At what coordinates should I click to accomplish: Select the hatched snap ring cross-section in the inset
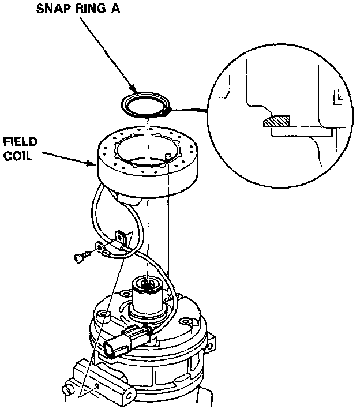pos(276,122)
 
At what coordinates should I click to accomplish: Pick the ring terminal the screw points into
pos(104,250)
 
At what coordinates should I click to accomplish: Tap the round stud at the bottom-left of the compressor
pos(69,392)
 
